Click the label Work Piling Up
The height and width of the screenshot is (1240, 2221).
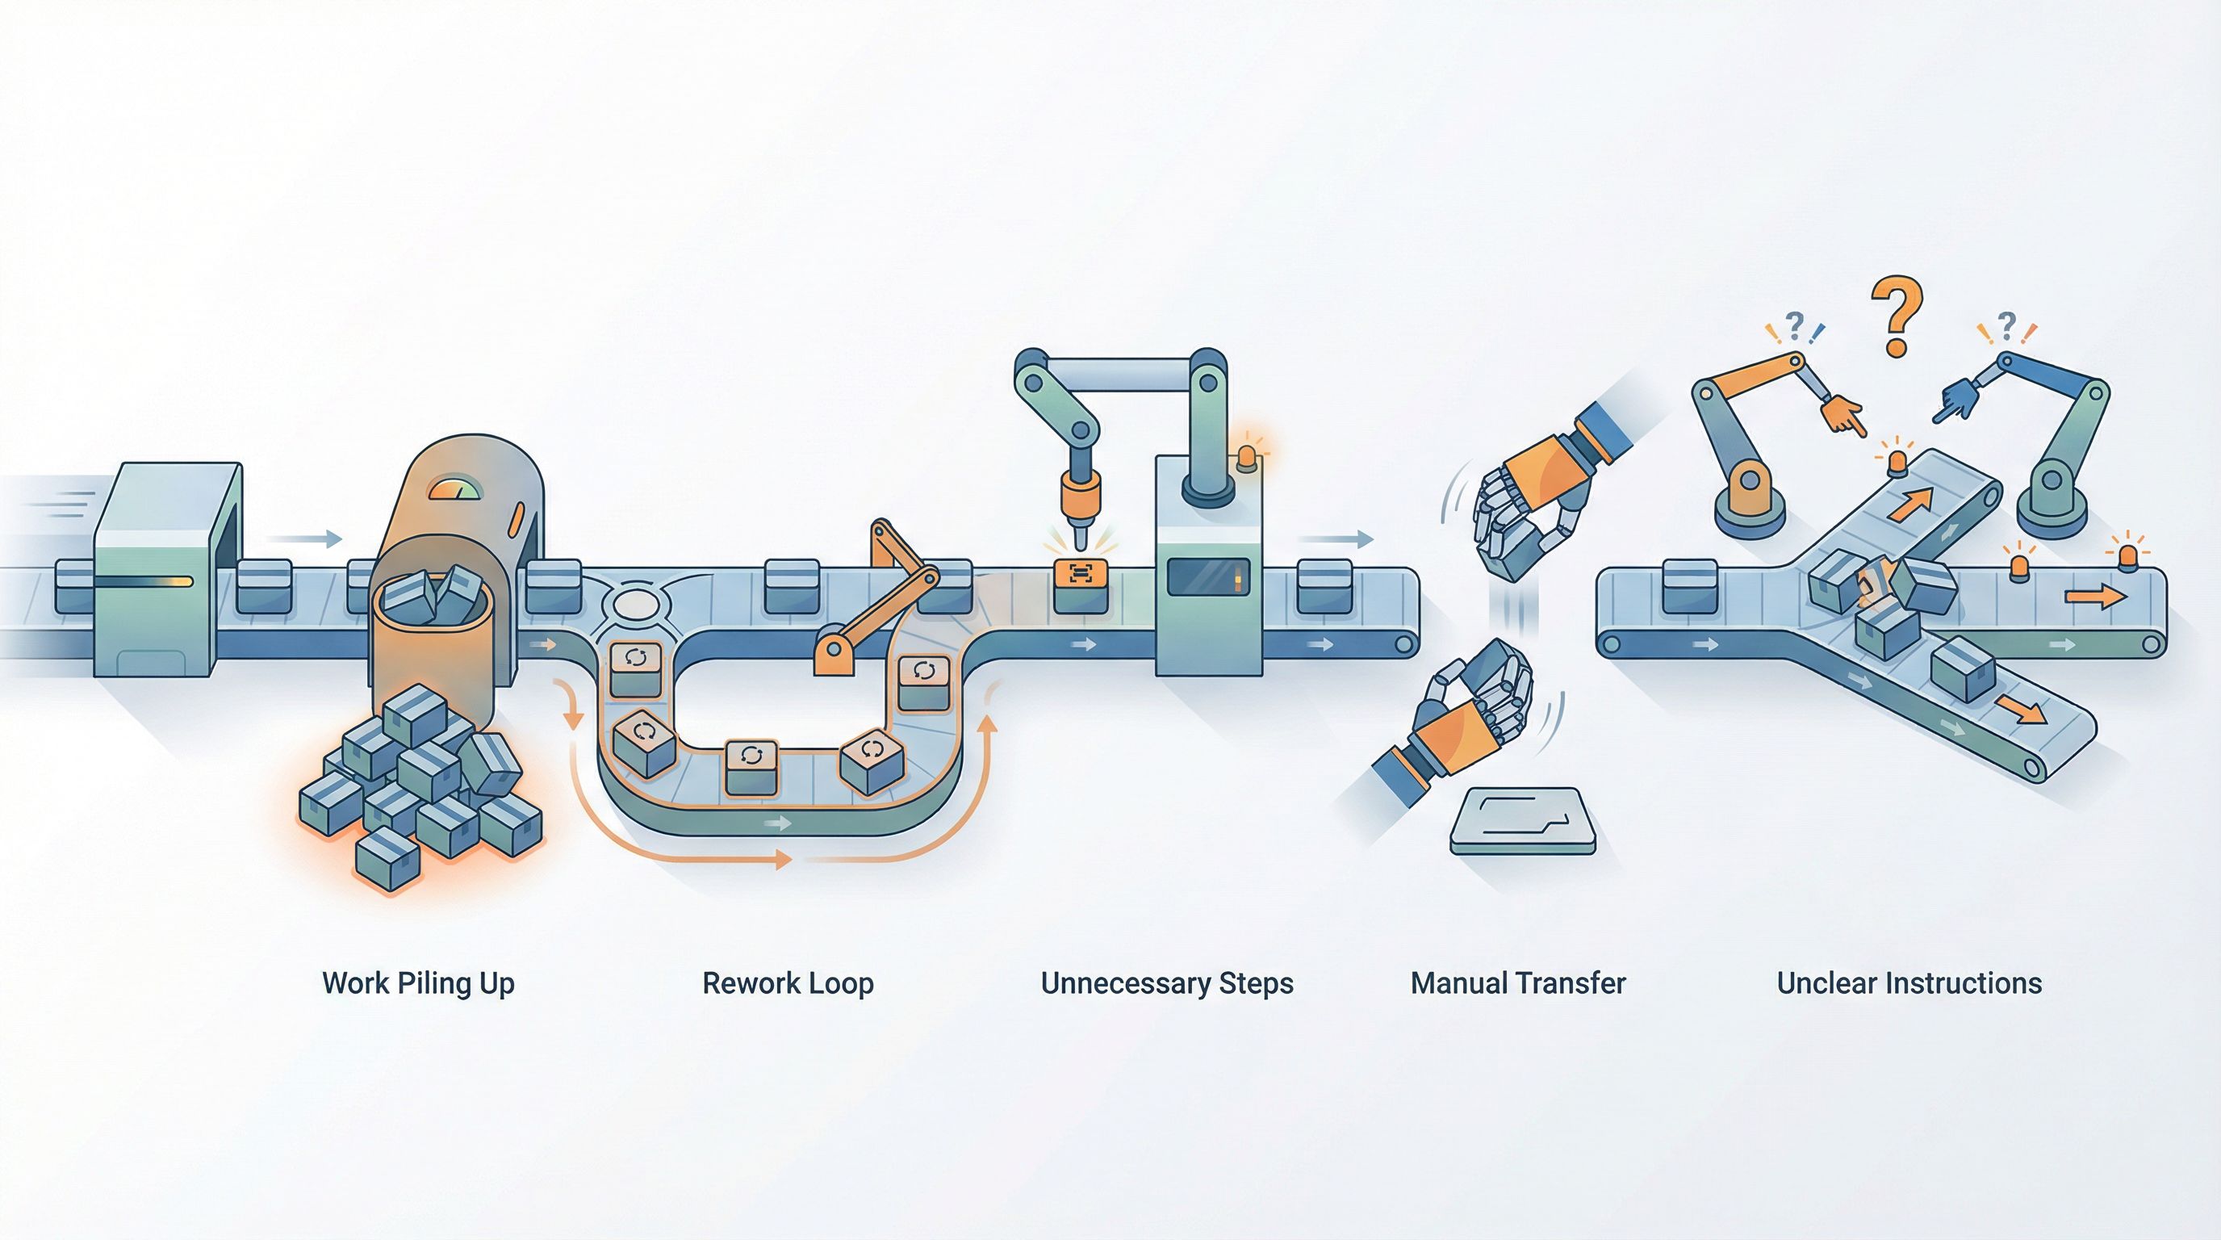(x=418, y=983)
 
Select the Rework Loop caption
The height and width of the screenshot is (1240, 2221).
(x=788, y=983)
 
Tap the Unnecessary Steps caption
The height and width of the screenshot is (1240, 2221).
(x=1166, y=983)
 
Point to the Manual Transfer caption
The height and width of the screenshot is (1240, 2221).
(x=1518, y=983)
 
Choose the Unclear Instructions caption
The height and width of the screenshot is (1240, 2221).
(x=1909, y=983)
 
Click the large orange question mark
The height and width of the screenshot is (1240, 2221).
(x=1896, y=316)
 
